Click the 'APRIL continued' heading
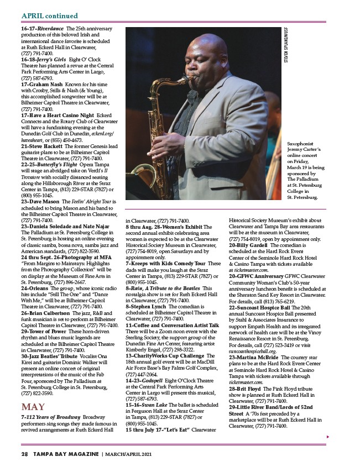[49, 16]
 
